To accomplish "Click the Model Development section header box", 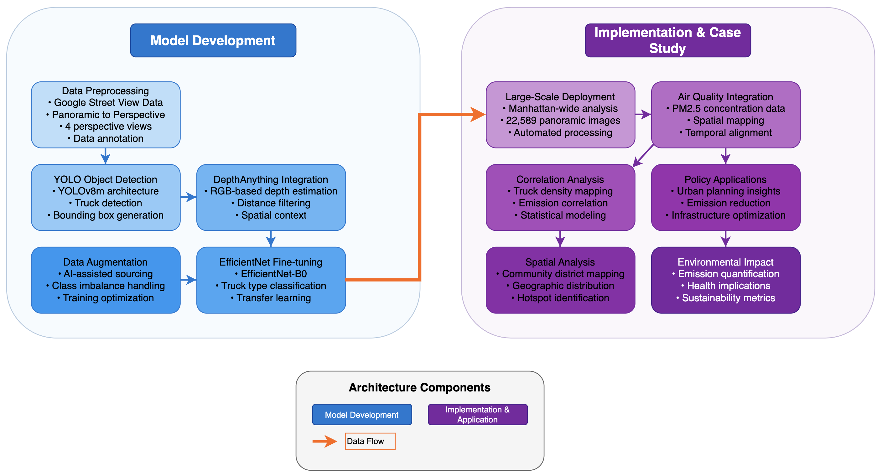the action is (x=213, y=40).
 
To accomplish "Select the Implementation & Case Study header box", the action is (x=668, y=40).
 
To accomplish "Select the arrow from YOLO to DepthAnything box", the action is (x=188, y=197).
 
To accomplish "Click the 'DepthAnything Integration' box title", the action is (x=271, y=179).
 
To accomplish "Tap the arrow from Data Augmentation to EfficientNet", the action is (x=188, y=280).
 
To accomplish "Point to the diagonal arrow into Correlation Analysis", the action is (x=643, y=156).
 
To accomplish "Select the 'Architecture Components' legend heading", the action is (x=419, y=387).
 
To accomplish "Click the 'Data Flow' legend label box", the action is (x=370, y=441).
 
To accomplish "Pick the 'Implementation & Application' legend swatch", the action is (x=478, y=414).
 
